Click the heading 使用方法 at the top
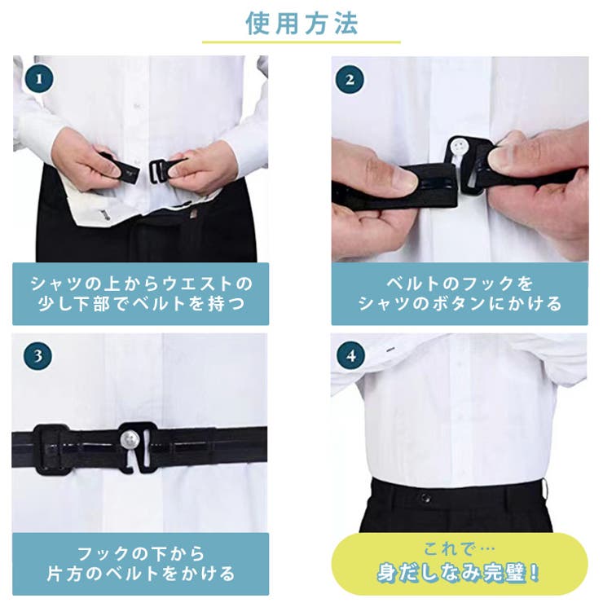301,22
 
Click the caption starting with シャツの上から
140,293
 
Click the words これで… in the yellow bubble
459,548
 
